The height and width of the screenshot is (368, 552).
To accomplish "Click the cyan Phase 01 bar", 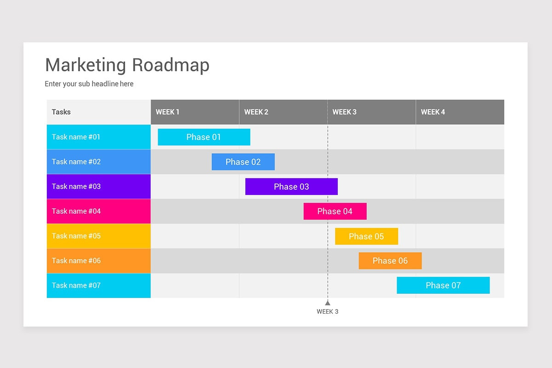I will pos(204,137).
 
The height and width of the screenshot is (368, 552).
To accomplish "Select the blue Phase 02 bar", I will pos(243,162).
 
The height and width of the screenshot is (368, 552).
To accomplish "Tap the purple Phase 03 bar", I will pos(291,187).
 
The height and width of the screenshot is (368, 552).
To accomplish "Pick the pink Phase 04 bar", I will pos(335,211).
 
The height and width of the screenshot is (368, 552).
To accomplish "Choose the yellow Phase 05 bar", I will pos(366,236).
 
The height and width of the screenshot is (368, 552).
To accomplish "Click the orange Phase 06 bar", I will pos(390,261).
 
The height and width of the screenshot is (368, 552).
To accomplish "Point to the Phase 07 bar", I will pos(443,285).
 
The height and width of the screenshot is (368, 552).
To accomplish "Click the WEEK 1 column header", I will pos(195,112).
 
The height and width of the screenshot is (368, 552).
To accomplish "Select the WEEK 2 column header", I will pos(283,112).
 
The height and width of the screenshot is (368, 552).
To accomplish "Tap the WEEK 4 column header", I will pos(460,112).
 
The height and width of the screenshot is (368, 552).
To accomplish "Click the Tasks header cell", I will pos(98,112).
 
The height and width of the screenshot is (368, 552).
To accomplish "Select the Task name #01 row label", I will pos(98,137).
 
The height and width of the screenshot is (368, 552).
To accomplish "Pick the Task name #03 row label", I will pos(98,186).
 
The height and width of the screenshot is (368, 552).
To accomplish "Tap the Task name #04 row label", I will pos(98,211).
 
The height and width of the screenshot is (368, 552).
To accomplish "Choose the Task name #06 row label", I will pos(98,261).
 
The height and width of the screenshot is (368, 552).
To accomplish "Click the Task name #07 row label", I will pos(98,285).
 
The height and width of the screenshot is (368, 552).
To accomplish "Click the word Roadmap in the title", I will pos(170,65).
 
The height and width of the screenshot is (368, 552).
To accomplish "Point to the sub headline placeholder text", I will pos(89,84).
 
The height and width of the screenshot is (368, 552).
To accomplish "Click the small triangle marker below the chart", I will pos(328,303).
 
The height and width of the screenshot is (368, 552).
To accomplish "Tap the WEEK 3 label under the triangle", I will pos(328,311).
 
